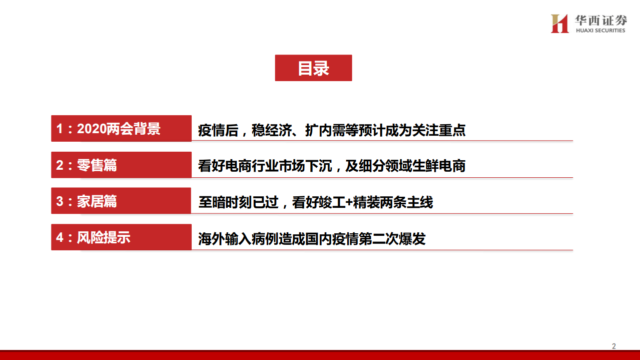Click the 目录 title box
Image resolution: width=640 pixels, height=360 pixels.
(313, 68)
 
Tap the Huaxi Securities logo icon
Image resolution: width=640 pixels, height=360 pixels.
(559, 24)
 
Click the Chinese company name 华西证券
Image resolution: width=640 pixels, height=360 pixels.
(600, 20)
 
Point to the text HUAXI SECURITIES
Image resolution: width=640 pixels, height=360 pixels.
(600, 31)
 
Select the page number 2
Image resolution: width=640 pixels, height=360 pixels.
(614, 346)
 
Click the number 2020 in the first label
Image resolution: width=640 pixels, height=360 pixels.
(92, 129)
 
